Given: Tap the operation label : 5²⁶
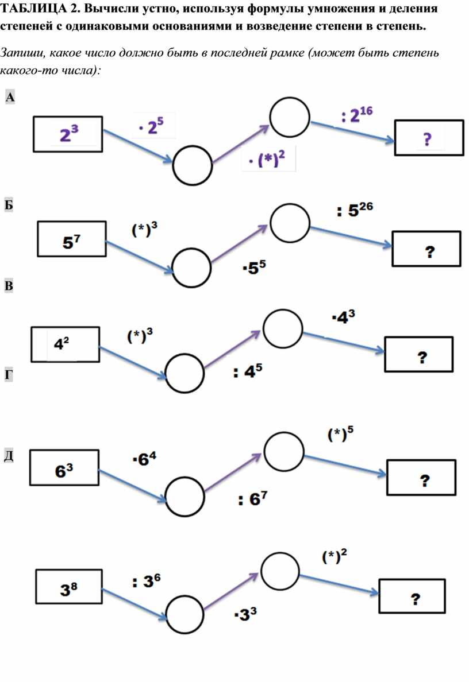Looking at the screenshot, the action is point(355,211).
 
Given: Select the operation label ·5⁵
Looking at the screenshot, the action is point(254,268).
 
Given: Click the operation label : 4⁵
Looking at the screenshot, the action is point(248,371).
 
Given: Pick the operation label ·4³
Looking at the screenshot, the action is point(343,317).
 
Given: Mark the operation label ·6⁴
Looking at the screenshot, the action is point(145,459).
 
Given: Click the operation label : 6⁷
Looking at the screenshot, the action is point(253,498).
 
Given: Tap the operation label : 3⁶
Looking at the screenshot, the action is point(147,580).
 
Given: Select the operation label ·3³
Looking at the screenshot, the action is point(245,614).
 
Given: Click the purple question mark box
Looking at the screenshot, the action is point(429,138).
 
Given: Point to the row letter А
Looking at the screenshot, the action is point(10,97).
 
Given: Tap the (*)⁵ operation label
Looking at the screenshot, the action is point(340,433).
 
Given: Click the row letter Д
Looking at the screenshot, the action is point(9,456).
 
